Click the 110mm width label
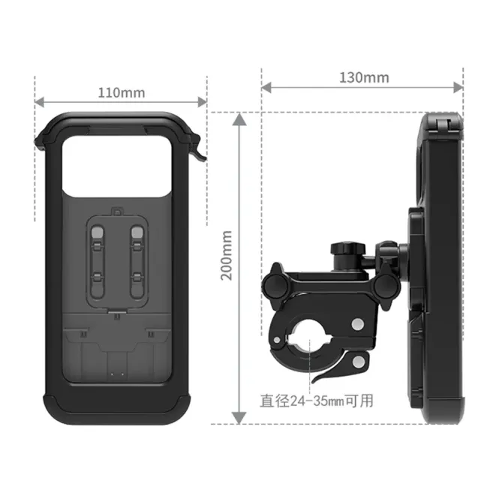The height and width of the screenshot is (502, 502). tap(121, 93)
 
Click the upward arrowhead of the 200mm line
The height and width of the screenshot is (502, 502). tap(239, 119)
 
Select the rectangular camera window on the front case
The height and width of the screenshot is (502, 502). tap(121, 162)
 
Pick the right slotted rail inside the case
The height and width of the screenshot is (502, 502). tap(137, 259)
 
